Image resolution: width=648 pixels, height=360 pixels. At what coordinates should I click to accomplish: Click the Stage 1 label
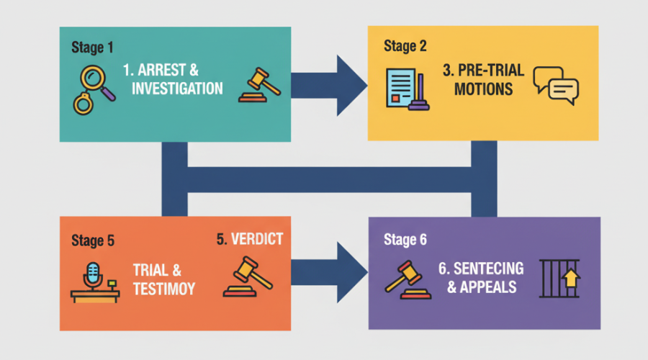pos(92,48)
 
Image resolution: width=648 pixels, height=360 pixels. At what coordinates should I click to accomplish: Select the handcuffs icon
pos(84,103)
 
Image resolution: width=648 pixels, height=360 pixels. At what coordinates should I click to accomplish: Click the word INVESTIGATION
pos(177,89)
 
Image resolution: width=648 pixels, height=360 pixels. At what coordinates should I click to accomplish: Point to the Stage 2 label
pos(405,47)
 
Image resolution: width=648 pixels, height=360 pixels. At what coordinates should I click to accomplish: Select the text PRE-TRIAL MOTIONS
pos(479,81)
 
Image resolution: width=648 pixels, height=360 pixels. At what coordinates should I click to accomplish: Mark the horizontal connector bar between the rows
pos(330,181)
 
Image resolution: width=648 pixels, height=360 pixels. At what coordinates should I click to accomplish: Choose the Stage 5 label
pos(92,240)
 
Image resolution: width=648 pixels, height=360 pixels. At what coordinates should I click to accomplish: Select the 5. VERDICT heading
pos(250,240)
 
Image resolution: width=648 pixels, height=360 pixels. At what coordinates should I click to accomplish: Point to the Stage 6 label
pos(404,240)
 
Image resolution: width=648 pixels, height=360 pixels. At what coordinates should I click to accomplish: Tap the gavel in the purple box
pos(407,278)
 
